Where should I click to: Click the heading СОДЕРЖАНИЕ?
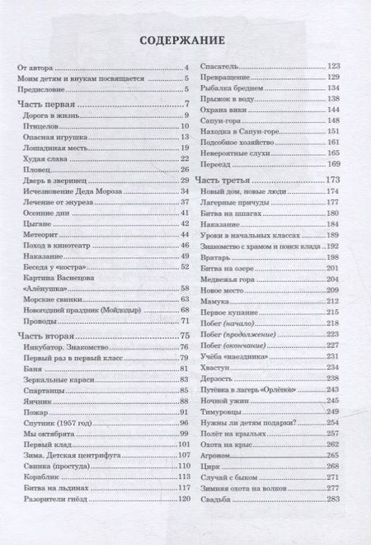click(x=185, y=38)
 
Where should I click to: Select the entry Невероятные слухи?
click(x=235, y=153)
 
